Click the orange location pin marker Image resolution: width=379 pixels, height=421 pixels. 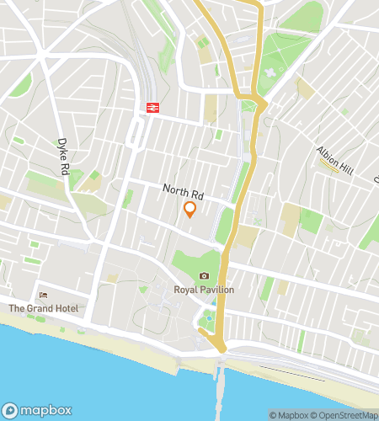pyautogui.click(x=189, y=210)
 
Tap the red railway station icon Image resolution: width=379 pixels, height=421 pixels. pyautogui.click(x=152, y=107)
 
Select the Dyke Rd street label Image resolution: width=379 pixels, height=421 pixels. pyautogui.click(x=62, y=157)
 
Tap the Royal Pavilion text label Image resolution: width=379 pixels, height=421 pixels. pyautogui.click(x=204, y=290)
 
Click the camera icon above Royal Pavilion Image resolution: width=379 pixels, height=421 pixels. pyautogui.click(x=204, y=276)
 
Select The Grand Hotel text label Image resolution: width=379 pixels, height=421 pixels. pyautogui.click(x=44, y=308)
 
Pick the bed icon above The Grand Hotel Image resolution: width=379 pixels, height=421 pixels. pyautogui.click(x=44, y=296)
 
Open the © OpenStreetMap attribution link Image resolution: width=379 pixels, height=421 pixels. pyautogui.click(x=346, y=415)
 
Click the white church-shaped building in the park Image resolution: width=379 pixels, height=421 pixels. pyautogui.click(x=270, y=72)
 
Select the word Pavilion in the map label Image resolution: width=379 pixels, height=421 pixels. pyautogui.click(x=218, y=290)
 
